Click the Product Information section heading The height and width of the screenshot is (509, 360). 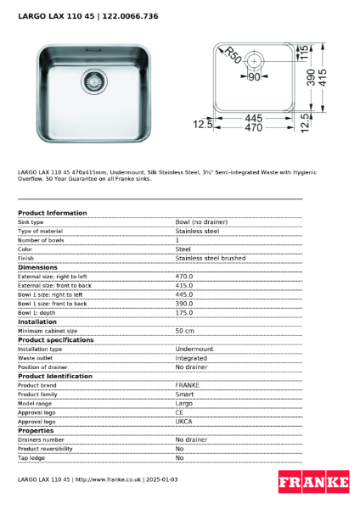(53, 213)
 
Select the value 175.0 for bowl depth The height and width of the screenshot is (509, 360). (184, 313)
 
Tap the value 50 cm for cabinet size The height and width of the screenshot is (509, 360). (185, 331)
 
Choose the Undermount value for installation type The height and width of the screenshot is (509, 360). (194, 349)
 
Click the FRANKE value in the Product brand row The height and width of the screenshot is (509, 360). (188, 385)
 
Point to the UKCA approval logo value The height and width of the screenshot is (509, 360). (184, 422)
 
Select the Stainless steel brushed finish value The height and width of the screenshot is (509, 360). (211, 258)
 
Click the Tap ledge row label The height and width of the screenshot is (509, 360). (32, 458)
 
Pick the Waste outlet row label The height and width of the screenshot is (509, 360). (37, 358)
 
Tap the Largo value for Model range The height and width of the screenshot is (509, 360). (184, 404)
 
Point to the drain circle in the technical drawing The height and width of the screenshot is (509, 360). (255, 60)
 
